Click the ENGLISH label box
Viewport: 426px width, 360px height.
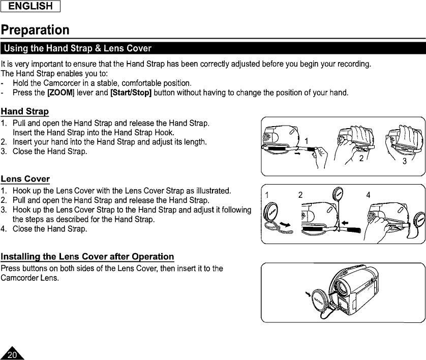[31, 7]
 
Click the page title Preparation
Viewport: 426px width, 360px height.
[35, 29]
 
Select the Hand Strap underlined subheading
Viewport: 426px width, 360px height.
[25, 111]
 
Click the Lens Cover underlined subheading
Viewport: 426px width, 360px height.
[25, 179]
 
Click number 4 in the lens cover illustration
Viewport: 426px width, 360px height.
[368, 195]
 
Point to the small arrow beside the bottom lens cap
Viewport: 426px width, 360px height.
[308, 294]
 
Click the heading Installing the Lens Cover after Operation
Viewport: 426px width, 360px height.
[87, 256]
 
